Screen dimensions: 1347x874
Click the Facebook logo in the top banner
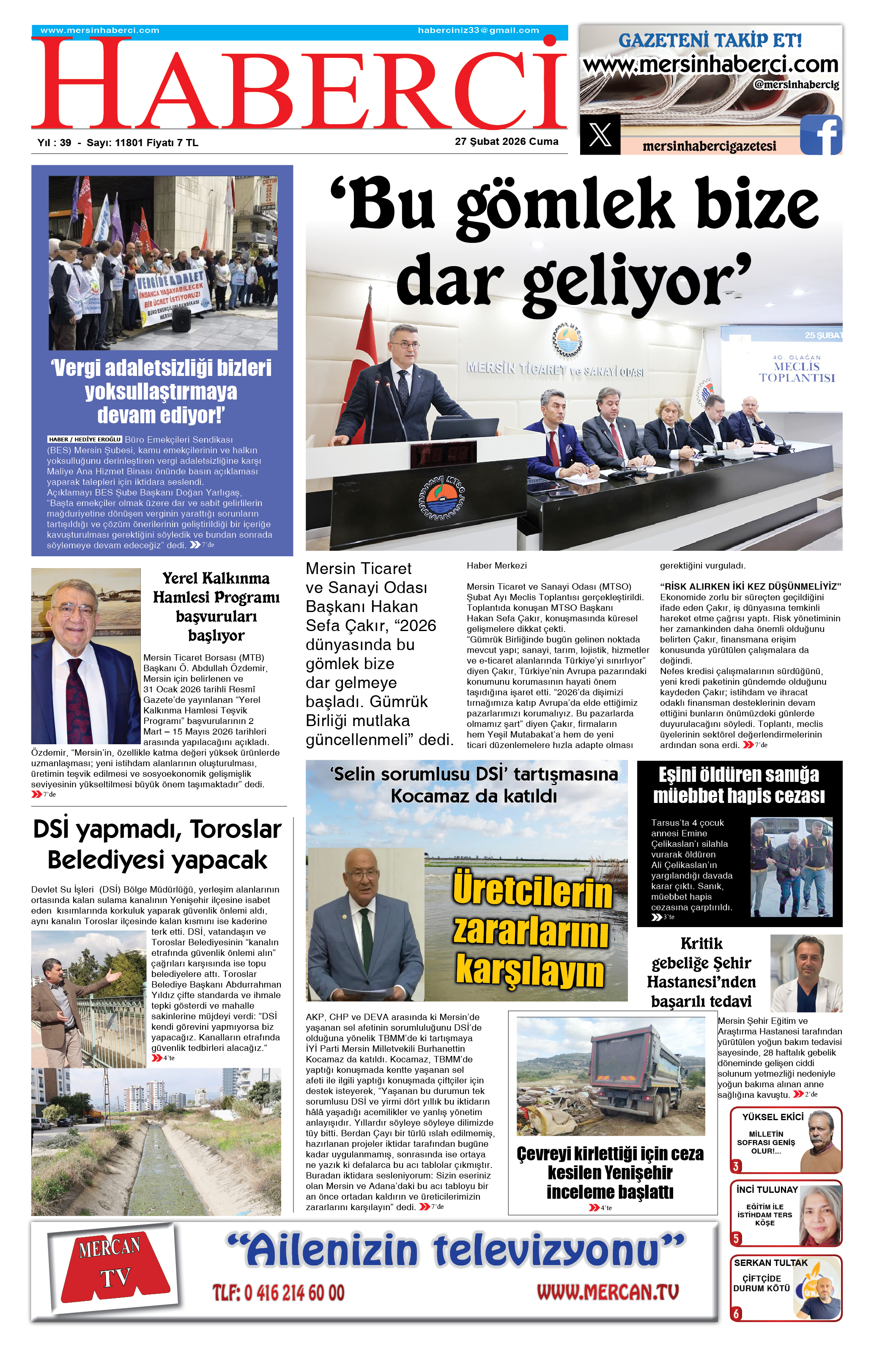click(821, 135)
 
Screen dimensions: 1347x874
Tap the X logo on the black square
click(600, 135)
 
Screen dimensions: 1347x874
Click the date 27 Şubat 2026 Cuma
click(507, 142)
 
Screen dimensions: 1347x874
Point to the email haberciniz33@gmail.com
click(478, 30)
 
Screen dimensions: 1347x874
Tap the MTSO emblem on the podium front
click(442, 498)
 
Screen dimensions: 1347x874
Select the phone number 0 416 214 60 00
click(278, 1293)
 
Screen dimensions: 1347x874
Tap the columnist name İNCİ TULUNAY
click(767, 1190)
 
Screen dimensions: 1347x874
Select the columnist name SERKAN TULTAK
click(770, 1263)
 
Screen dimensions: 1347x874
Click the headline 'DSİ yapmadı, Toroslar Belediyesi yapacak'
click(157, 844)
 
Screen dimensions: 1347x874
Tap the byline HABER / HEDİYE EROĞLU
click(85, 439)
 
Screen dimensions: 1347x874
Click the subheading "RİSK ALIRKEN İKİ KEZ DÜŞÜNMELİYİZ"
click(750, 586)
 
